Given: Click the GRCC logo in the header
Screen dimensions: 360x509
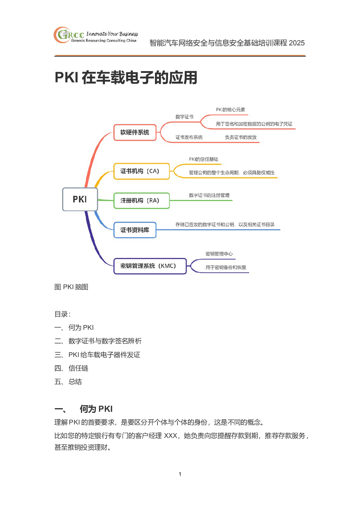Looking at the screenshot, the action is (96, 35).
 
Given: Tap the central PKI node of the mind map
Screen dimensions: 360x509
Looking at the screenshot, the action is (80, 199).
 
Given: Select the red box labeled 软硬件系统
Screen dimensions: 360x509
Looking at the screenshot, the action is (135, 132).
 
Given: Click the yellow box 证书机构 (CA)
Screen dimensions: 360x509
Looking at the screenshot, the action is (142, 171).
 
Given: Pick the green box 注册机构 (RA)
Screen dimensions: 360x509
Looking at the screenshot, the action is (142, 201).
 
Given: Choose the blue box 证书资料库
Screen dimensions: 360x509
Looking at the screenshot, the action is (135, 230).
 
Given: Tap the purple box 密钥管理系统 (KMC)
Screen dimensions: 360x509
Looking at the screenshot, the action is (150, 266).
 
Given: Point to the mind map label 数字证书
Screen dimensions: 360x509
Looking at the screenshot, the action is (184, 117).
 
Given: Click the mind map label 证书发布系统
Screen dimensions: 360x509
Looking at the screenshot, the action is (189, 137).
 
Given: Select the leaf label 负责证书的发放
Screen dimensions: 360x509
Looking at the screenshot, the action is (241, 137).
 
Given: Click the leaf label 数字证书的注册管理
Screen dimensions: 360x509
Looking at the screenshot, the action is (209, 195).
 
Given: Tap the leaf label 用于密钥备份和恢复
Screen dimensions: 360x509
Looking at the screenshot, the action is (226, 267).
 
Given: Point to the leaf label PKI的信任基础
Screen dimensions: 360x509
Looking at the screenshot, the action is (204, 159).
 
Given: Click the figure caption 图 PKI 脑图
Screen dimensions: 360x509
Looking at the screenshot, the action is (71, 287).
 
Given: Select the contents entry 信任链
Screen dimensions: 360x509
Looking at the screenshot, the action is (78, 368).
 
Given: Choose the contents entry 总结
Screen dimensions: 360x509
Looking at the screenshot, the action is (75, 382).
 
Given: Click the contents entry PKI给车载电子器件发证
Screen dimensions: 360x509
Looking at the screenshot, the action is (104, 355).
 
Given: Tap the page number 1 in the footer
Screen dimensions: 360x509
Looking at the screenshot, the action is (180, 474).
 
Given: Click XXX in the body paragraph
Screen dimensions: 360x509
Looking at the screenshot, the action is (171, 436).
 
